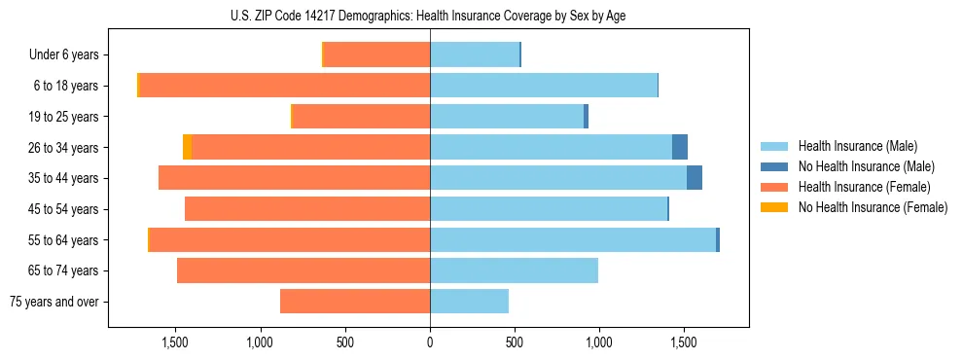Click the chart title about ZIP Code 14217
[x=429, y=16]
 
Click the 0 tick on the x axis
[x=430, y=342]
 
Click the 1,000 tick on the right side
[x=598, y=342]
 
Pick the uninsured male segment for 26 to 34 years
[x=680, y=147]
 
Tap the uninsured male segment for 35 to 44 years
[x=695, y=178]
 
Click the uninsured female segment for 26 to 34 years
[x=188, y=147]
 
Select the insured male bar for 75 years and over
[x=469, y=302]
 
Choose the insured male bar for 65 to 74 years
[x=514, y=270]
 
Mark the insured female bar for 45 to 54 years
[x=307, y=209]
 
